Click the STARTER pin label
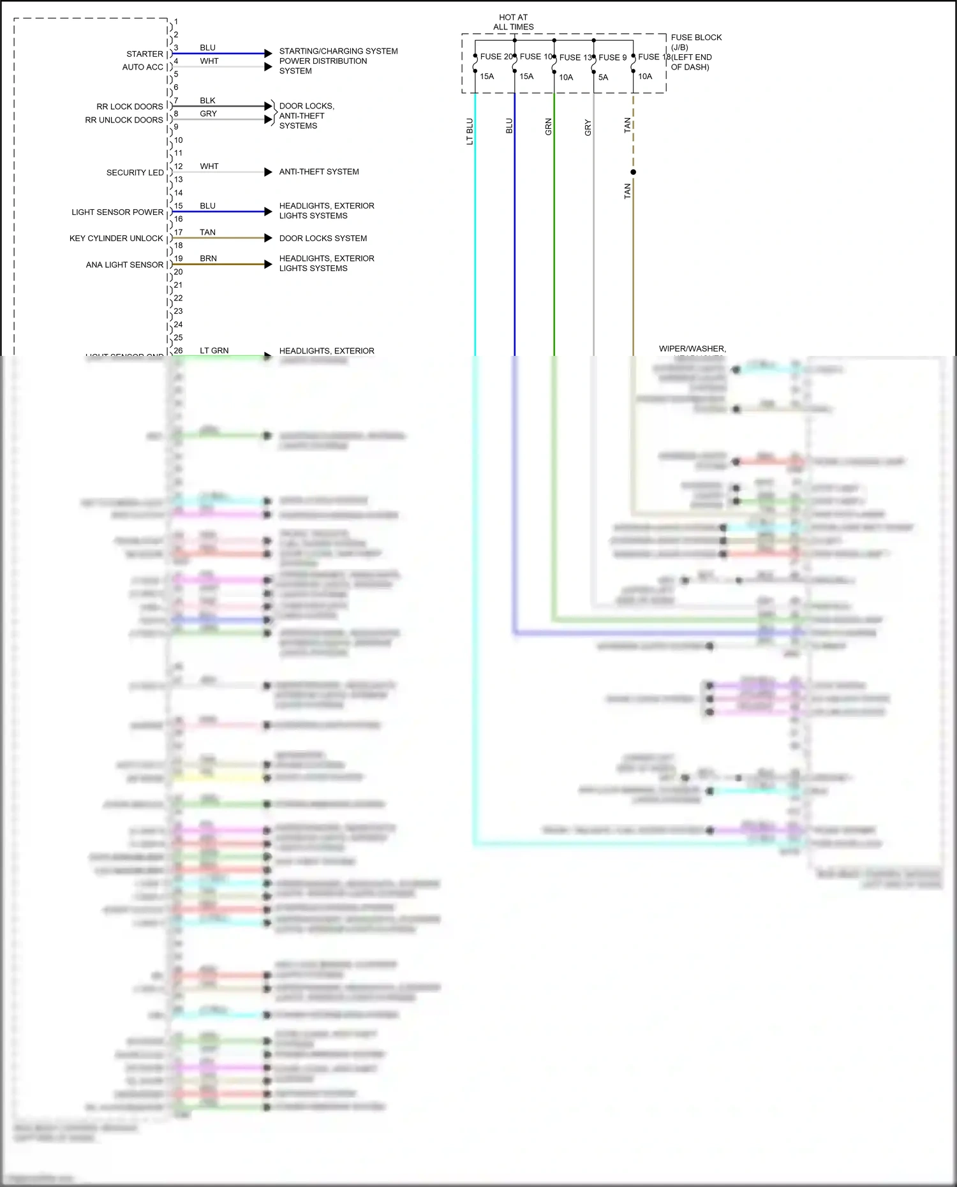point(145,54)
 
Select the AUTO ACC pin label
point(143,67)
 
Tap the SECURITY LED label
point(135,173)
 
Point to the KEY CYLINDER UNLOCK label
point(116,239)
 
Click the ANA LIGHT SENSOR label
point(124,265)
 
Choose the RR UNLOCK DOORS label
point(124,120)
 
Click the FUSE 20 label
point(496,57)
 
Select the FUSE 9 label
point(612,57)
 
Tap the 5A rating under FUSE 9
point(603,77)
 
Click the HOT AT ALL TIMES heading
point(514,22)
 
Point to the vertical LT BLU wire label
point(470,131)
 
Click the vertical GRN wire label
point(549,126)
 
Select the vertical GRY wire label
point(588,128)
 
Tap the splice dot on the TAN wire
point(633,172)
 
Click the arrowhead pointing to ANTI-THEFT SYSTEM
point(268,172)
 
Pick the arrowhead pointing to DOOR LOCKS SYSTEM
point(268,238)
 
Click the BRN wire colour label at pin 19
point(208,258)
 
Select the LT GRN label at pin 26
point(214,351)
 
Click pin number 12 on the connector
point(179,166)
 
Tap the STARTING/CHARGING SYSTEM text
point(338,51)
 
